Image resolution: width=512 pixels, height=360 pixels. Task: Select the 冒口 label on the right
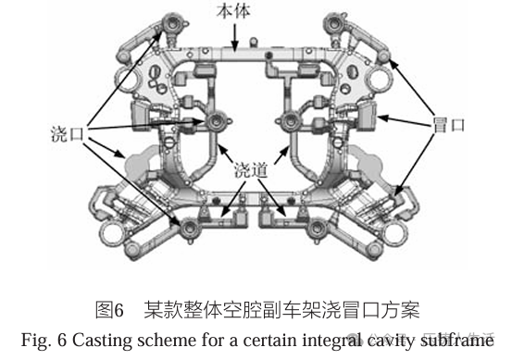449,125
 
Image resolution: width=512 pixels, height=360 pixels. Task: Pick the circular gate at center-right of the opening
288,120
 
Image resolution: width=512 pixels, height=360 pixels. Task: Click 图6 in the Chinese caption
110,308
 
